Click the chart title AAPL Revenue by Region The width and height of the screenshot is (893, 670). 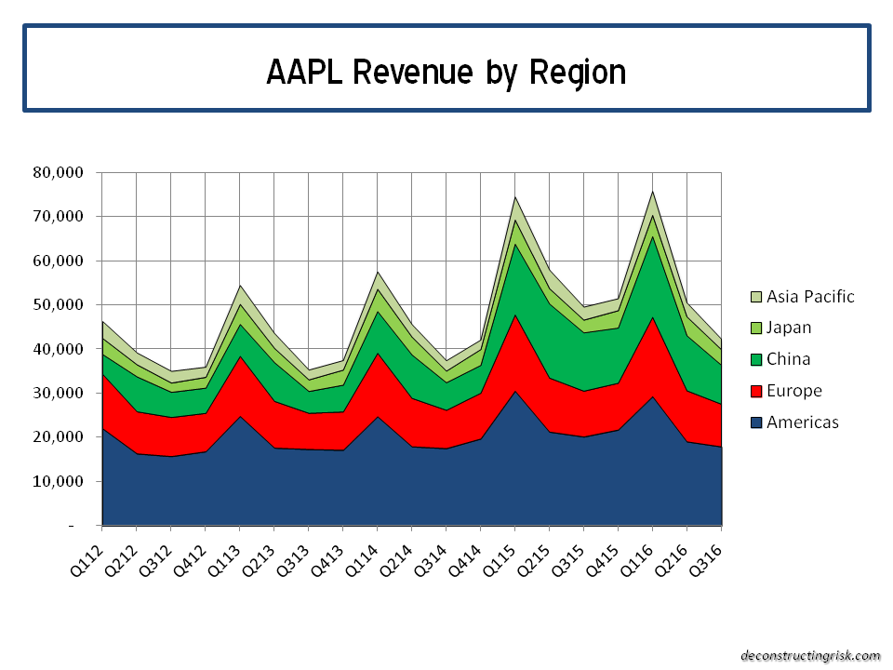(x=446, y=72)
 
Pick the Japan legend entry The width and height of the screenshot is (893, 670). (x=788, y=328)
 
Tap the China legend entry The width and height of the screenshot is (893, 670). (x=787, y=359)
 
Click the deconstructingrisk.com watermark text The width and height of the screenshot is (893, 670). (x=809, y=655)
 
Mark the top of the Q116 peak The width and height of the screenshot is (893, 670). (x=652, y=192)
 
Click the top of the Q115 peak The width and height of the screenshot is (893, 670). (x=514, y=197)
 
